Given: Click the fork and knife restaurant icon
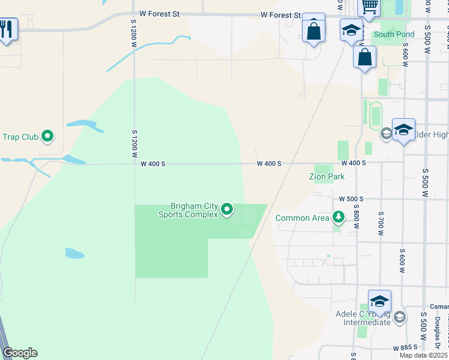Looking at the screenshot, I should click(x=7, y=29).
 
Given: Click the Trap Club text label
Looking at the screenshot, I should click(x=20, y=137).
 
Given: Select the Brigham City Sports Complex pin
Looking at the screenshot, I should click(x=227, y=209).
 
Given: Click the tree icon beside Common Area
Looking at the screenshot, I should click(x=339, y=217).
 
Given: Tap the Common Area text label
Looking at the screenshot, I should click(x=303, y=218).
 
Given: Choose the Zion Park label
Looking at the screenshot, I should click(x=327, y=177).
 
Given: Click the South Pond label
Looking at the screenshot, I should click(x=394, y=34).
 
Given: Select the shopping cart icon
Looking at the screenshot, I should click(x=369, y=7).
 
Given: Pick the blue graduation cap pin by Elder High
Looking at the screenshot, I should click(x=403, y=130).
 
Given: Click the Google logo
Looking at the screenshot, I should click(x=20, y=353).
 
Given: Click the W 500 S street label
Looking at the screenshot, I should click(x=351, y=199).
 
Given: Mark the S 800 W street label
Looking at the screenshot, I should click(x=356, y=218).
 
